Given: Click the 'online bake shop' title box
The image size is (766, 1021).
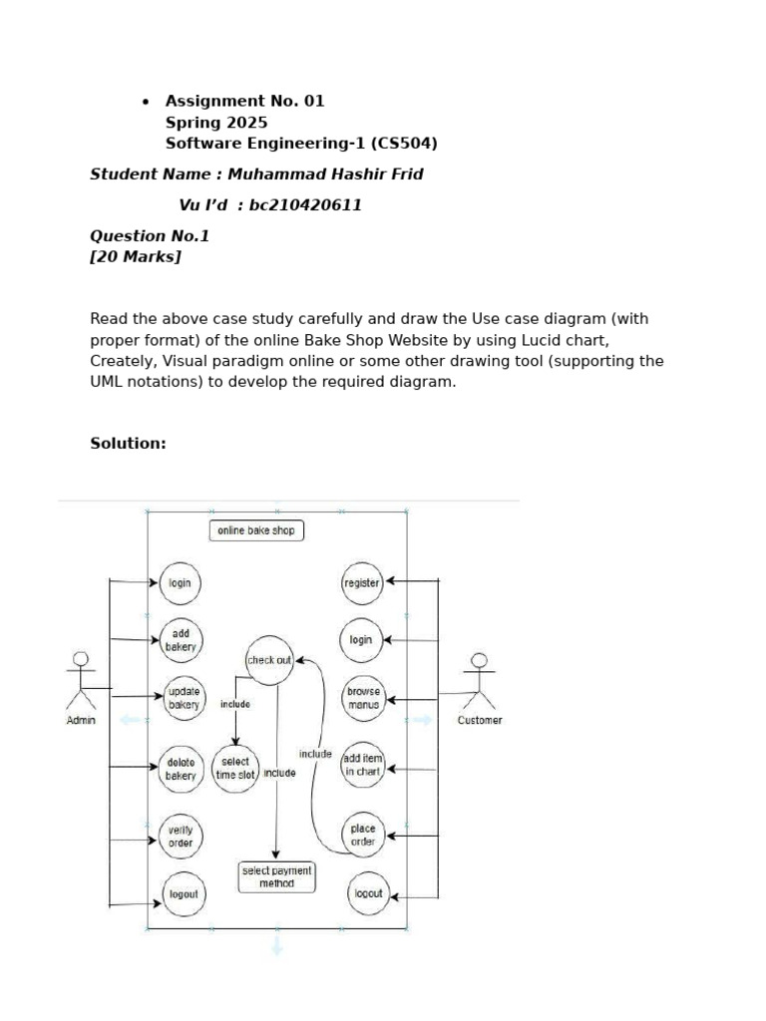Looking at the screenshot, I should [x=256, y=530].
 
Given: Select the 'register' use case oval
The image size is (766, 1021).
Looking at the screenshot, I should [x=362, y=583].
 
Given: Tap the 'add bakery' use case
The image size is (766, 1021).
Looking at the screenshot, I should [x=181, y=640].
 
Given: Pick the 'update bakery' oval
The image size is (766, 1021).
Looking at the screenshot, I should [x=183, y=698].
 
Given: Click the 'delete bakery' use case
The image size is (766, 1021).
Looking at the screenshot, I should [x=181, y=769].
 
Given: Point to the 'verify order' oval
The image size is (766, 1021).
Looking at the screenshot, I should [x=181, y=837].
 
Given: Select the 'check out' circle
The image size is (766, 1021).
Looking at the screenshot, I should [x=269, y=660].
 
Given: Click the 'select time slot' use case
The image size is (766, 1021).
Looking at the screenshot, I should [x=235, y=768].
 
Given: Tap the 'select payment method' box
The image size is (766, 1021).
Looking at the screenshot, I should [x=277, y=876].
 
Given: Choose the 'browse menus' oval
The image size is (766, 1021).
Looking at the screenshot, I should [x=363, y=697].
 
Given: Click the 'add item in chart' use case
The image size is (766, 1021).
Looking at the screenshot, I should [x=362, y=765].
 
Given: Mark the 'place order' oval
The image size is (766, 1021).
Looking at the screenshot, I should [x=363, y=835].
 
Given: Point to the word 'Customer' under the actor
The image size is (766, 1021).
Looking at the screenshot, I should [x=480, y=720].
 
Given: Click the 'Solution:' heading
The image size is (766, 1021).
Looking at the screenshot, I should [x=128, y=443].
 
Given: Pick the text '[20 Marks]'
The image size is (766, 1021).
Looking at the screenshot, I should [x=136, y=257].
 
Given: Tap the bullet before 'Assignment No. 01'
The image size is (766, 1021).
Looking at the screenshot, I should [x=146, y=102].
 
